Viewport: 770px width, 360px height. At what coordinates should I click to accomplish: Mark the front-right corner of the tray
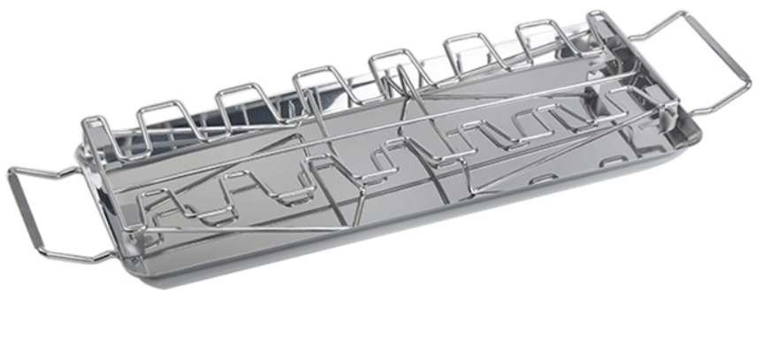point(694,133)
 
